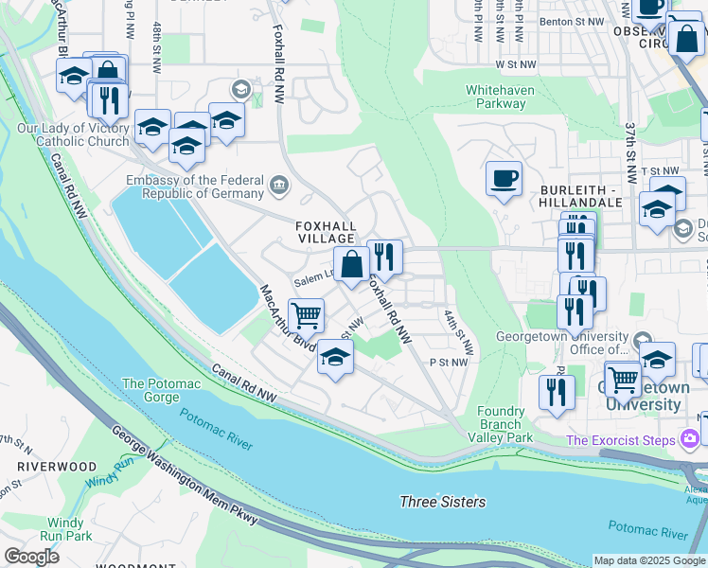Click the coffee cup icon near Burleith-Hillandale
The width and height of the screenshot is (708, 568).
click(x=504, y=178)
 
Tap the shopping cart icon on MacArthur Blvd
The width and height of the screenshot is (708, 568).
click(x=306, y=315)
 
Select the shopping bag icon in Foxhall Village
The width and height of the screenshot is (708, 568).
click(x=351, y=265)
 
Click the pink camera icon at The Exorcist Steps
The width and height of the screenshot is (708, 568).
click(x=690, y=439)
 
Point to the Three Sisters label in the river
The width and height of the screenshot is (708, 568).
click(x=442, y=502)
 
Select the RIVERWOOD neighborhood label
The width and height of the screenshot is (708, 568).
click(x=57, y=467)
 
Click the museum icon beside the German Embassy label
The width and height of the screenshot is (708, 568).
click(x=279, y=184)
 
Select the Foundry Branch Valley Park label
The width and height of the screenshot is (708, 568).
click(x=501, y=424)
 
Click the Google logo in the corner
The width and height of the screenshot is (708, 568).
click(x=31, y=557)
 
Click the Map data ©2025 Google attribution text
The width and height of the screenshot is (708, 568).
click(x=650, y=560)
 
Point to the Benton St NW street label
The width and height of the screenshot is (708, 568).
click(x=570, y=20)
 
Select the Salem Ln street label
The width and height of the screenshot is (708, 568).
click(x=310, y=281)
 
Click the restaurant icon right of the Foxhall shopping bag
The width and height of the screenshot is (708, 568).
click(x=384, y=257)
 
